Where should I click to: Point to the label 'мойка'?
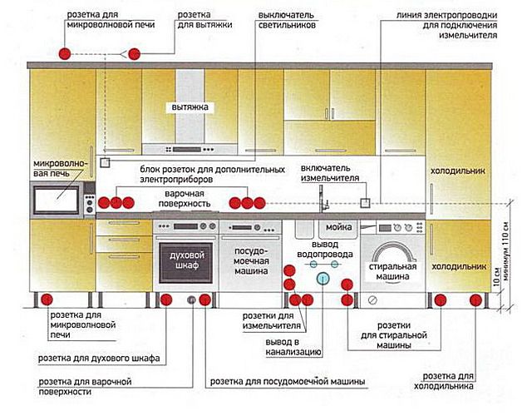tap(337, 227)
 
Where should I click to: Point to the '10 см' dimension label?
tap(496, 284)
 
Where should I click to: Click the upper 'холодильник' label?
tap(457, 171)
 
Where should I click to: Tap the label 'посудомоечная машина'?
tap(251, 260)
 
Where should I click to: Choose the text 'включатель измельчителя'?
tap(330, 173)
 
